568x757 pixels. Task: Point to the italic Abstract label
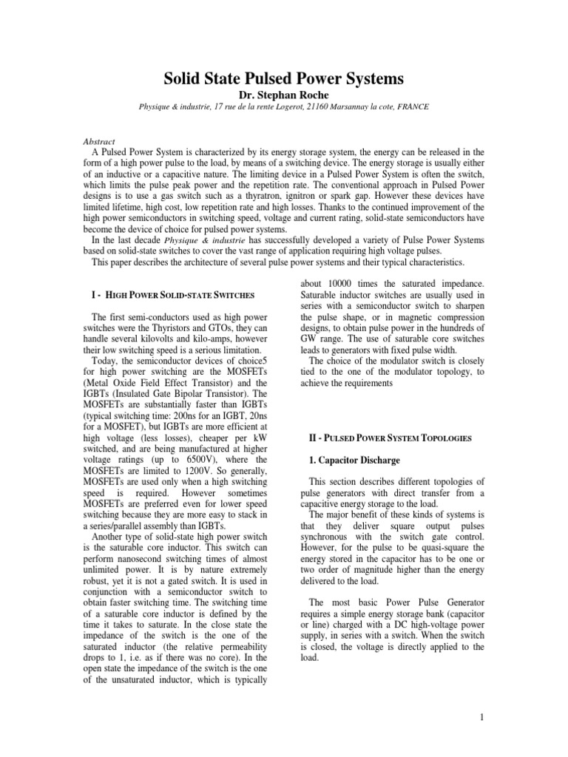(x=97, y=139)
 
